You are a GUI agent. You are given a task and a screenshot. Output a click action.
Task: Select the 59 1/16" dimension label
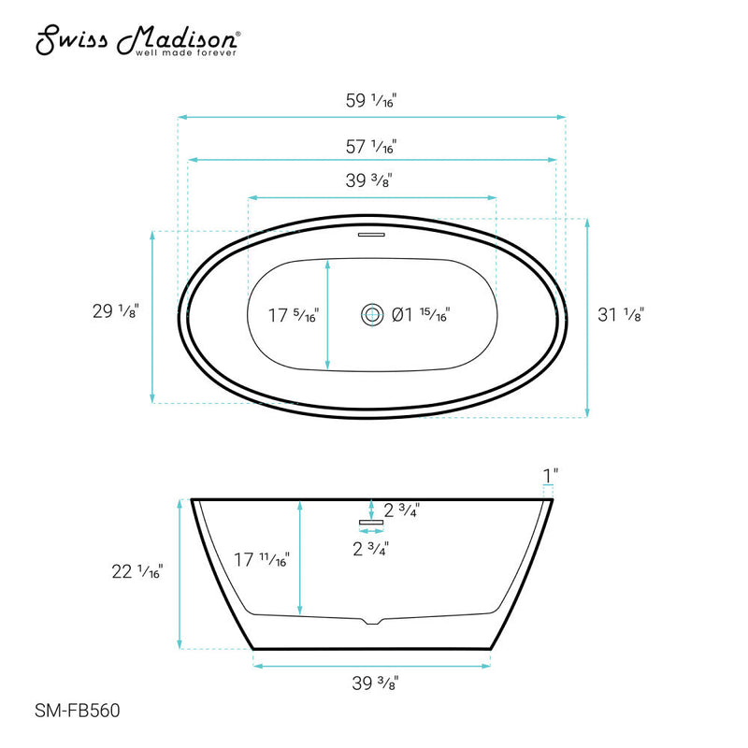371,102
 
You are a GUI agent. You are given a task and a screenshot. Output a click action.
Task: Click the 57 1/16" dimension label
371,147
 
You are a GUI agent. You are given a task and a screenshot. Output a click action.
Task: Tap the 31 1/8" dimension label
622,315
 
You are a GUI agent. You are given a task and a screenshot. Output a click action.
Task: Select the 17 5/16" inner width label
292,316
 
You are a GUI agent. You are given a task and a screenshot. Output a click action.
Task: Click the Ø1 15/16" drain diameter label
421,315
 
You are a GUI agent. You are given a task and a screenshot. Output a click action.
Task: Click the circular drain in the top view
371,315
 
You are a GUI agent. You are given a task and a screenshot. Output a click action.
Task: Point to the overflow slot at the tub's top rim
371,234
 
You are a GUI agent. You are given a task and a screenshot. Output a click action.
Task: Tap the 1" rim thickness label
550,476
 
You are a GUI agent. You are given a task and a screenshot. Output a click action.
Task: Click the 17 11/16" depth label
262,560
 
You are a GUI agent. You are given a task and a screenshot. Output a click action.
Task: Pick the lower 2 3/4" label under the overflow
371,549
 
